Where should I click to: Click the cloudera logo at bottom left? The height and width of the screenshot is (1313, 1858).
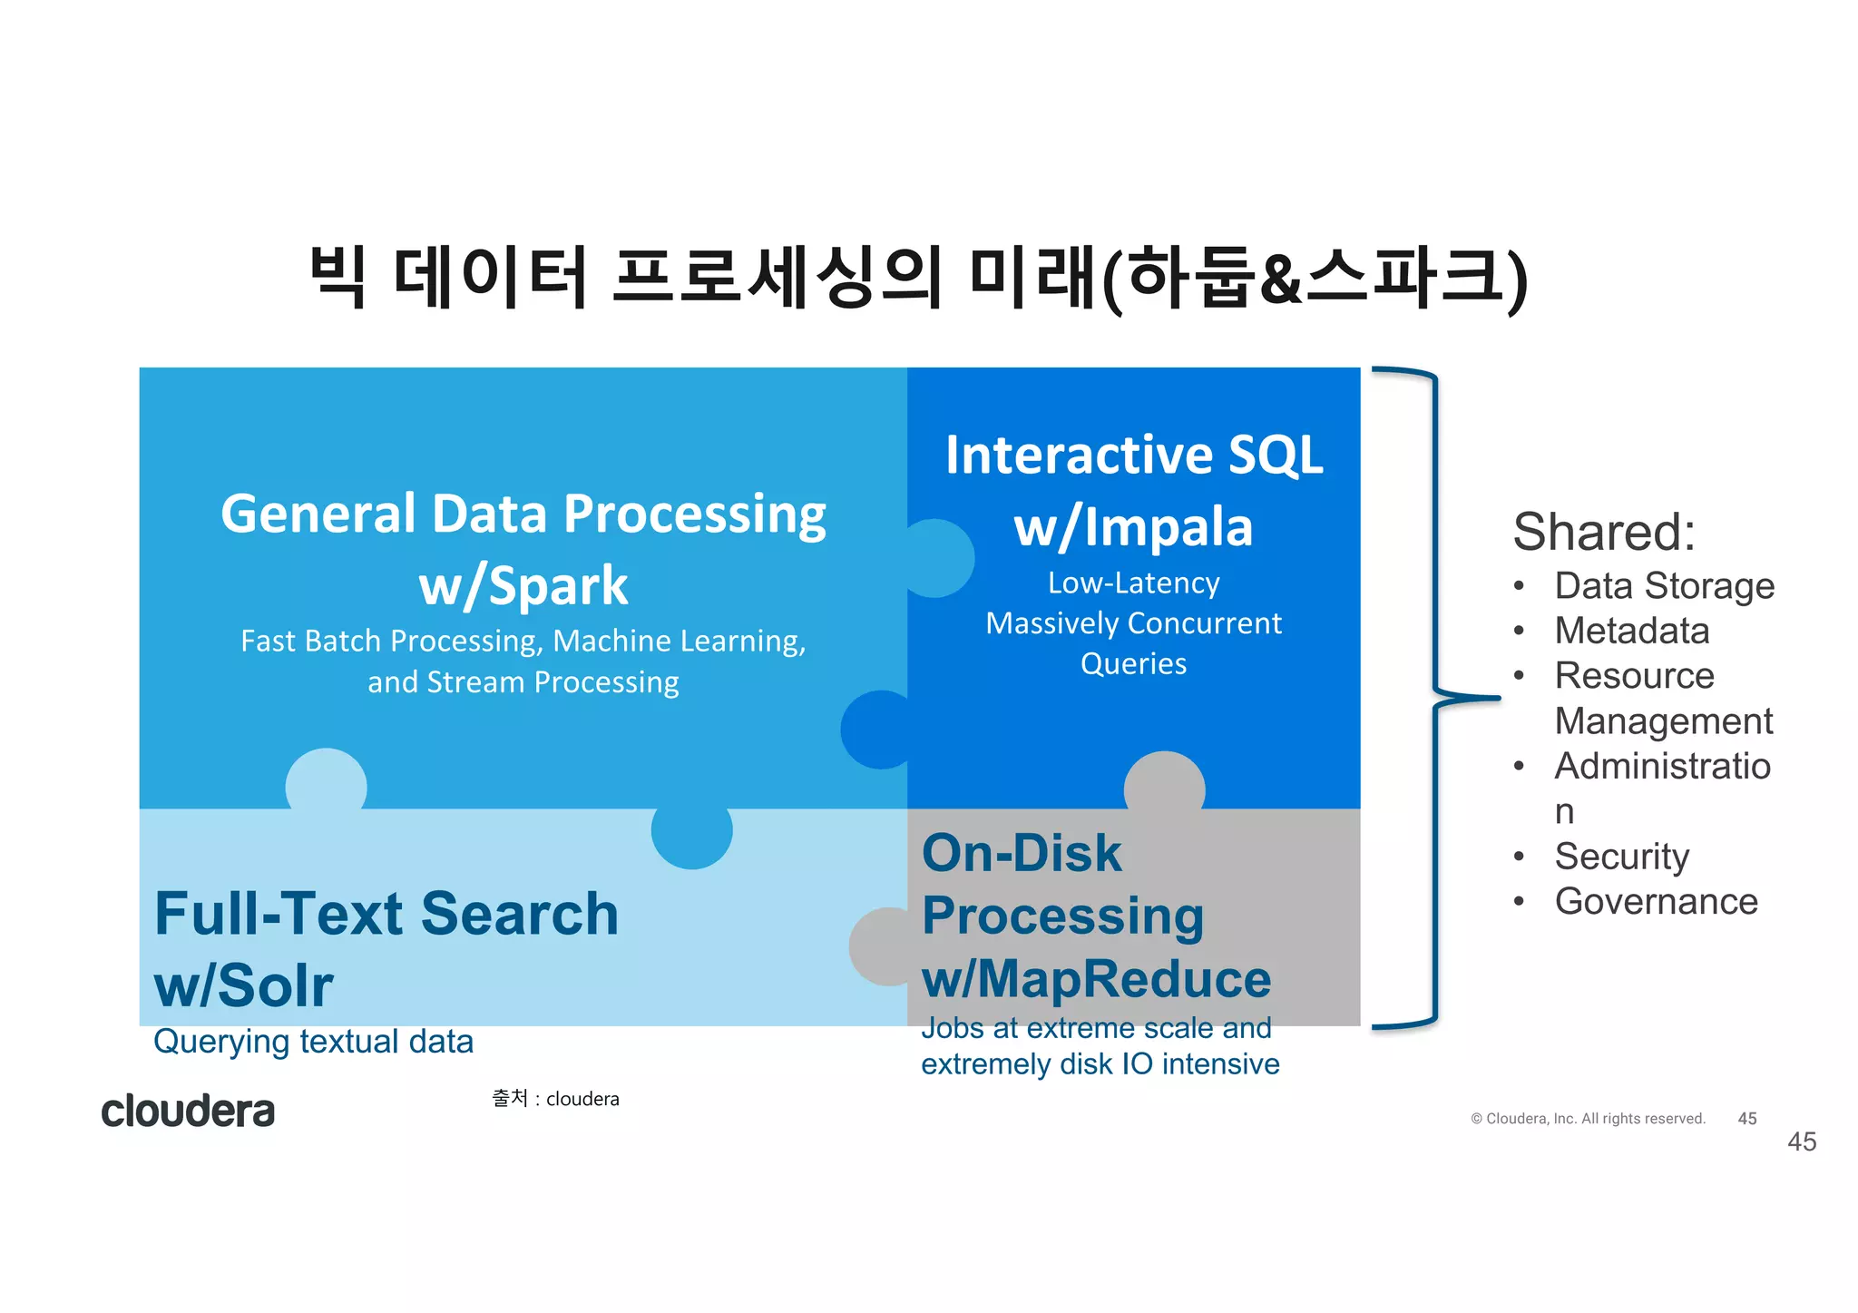tap(188, 1112)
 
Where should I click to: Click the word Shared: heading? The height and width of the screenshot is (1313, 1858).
tap(1604, 532)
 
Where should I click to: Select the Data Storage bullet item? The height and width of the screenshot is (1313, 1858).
tap(1664, 586)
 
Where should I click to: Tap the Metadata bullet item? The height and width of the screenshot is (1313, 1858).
tap(1631, 631)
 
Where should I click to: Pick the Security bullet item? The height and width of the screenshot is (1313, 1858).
tap(1621, 857)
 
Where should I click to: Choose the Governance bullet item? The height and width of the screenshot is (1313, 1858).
tap(1656, 902)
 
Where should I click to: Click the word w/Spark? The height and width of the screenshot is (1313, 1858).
tap(523, 586)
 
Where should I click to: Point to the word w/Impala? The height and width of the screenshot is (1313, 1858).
tap(1133, 527)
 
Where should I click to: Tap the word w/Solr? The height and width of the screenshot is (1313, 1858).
tap(244, 985)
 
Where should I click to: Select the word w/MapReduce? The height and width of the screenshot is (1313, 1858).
tap(1096, 980)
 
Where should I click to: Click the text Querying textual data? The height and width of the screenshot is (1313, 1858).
tap(313, 1042)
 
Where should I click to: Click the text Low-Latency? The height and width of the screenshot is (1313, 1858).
tap(1133, 583)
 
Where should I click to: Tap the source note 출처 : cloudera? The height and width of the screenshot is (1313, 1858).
tap(555, 1099)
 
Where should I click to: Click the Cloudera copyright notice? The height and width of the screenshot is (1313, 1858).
tap(1588, 1119)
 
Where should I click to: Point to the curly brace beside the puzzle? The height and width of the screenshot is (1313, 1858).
tap(1436, 697)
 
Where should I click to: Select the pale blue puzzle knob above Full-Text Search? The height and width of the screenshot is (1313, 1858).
tap(326, 780)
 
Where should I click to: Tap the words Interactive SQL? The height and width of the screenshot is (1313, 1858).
tap(1134, 455)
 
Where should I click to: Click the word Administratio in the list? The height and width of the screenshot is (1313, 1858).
tap(1662, 767)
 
